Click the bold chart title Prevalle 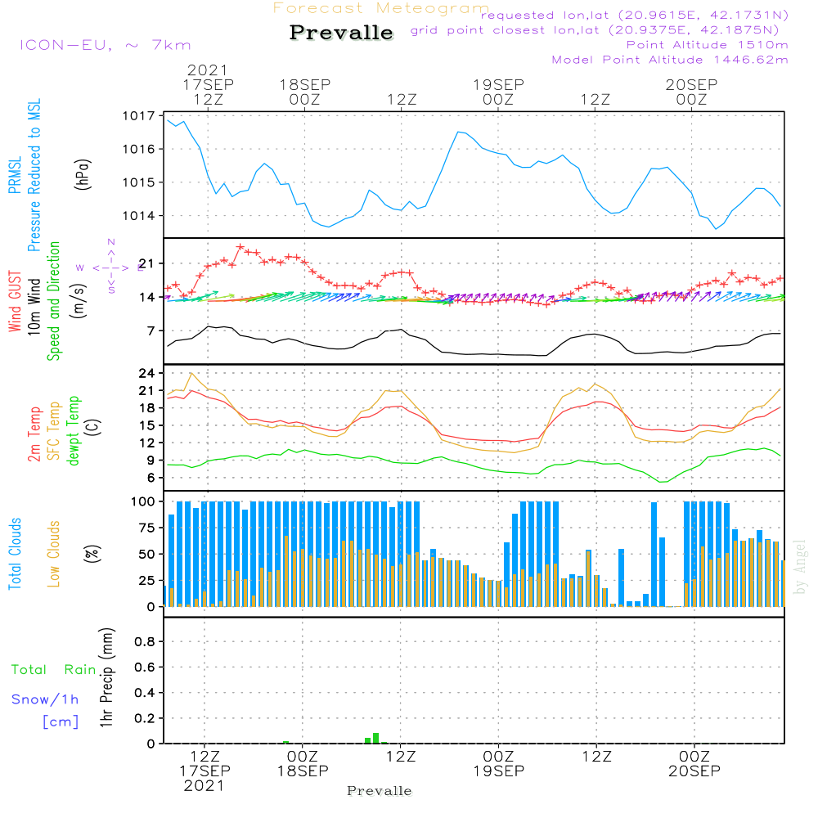[x=341, y=34]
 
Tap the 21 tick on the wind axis [x=147, y=263]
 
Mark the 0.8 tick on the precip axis [x=145, y=642]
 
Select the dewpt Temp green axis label [x=74, y=431]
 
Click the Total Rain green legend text [x=53, y=670]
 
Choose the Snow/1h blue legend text [x=45, y=700]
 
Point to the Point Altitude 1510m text [x=707, y=45]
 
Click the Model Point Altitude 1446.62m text [x=670, y=60]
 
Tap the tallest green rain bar [x=375, y=738]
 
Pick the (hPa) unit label [x=83, y=173]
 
